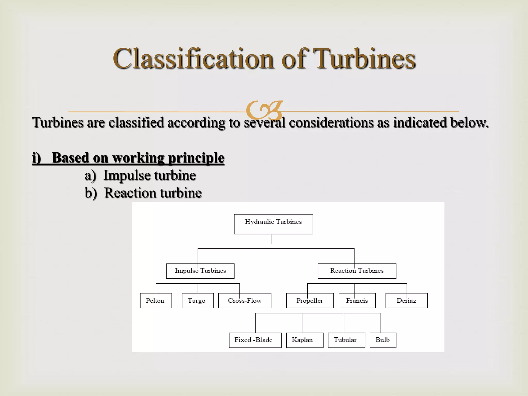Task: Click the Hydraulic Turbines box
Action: pos(273,224)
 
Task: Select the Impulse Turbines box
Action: pos(200,271)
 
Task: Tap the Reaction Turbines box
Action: pos(357,271)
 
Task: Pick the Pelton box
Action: pos(156,301)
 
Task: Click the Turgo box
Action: pos(197,301)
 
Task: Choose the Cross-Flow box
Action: pos(245,301)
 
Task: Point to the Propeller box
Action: pos(310,301)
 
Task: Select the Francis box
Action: pos(357,301)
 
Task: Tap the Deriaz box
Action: pos(406,301)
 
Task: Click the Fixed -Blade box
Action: pos(255,340)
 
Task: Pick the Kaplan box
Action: pos(304,340)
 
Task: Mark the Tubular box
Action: pos(346,340)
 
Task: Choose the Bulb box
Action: pos(383,340)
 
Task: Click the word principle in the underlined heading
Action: pos(196,158)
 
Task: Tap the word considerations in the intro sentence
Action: pos(331,122)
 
